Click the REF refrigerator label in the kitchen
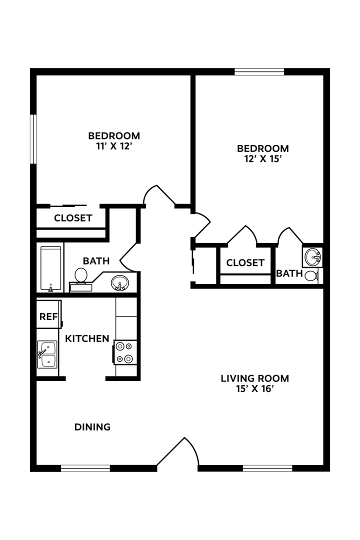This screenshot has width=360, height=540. pyautogui.click(x=48, y=316)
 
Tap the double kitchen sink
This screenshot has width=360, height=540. pyautogui.click(x=48, y=354)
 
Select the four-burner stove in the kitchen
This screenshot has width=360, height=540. pyautogui.click(x=125, y=352)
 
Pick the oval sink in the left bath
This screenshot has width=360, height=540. pyautogui.click(x=119, y=282)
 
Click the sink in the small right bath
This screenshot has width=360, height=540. pyautogui.click(x=313, y=257)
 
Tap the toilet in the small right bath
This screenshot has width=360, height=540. pyautogui.click(x=311, y=275)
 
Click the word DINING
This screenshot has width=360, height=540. pyautogui.click(x=92, y=427)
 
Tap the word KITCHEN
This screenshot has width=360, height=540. pyautogui.click(x=87, y=338)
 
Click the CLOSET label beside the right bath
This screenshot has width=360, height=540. pyautogui.click(x=245, y=262)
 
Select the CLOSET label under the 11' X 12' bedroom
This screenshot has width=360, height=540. pyautogui.click(x=73, y=218)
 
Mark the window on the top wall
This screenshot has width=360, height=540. pyautogui.click(x=259, y=71)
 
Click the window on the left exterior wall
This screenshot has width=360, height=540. pyautogui.click(x=33, y=139)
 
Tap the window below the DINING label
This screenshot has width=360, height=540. pyautogui.click(x=85, y=468)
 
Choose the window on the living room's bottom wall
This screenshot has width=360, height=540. pyautogui.click(x=267, y=468)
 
